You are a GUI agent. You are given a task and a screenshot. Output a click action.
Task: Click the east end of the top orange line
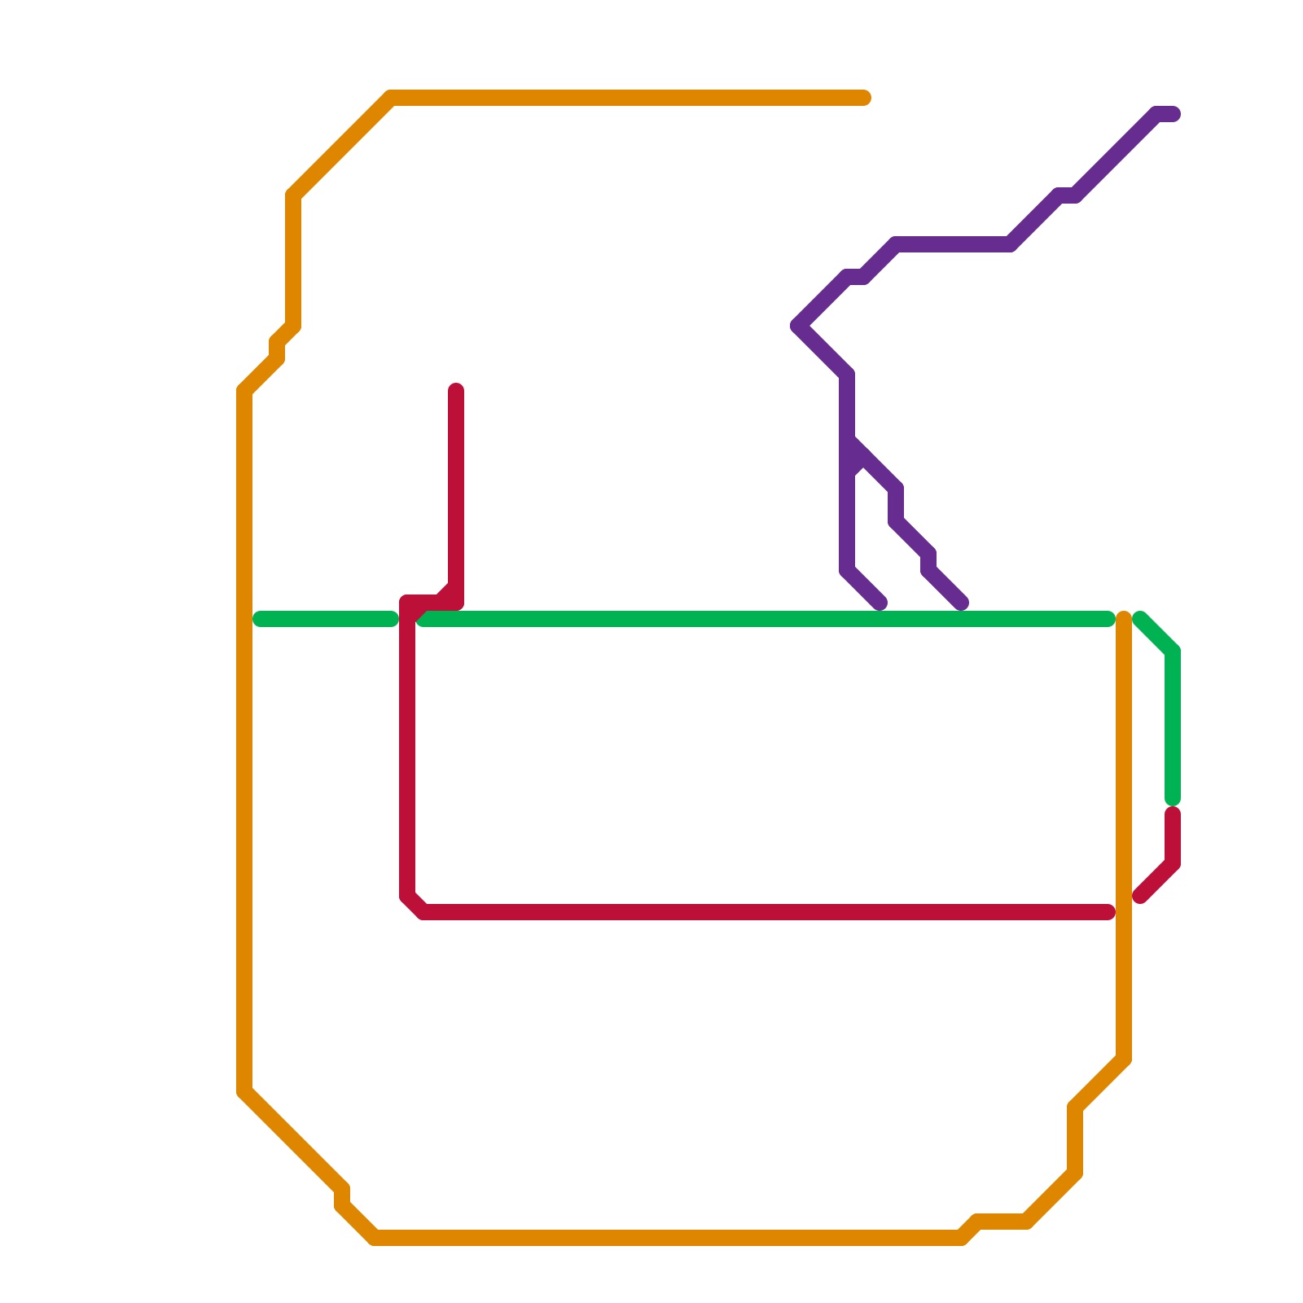pyautogui.click(x=865, y=98)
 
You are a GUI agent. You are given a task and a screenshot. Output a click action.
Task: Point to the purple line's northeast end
pyautogui.click(x=1174, y=114)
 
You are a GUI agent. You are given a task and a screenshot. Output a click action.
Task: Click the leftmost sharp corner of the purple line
pyautogui.click(x=797, y=326)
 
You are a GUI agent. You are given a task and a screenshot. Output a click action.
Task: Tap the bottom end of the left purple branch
pyautogui.click(x=880, y=603)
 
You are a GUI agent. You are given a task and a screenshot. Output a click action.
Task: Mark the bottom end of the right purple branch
pyautogui.click(x=962, y=603)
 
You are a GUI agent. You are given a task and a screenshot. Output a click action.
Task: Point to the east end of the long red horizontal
pyautogui.click(x=1108, y=912)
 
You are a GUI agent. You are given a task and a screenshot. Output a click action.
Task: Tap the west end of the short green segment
pyautogui.click(x=260, y=619)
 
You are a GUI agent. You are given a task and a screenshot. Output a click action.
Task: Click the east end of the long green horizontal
pyautogui.click(x=1108, y=619)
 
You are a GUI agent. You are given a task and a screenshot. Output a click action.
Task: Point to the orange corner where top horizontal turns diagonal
pyautogui.click(x=391, y=98)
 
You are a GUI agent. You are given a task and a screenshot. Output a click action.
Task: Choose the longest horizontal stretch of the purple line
pyautogui.click(x=953, y=244)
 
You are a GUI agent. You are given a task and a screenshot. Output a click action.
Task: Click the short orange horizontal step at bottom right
pyautogui.click(x=1002, y=1221)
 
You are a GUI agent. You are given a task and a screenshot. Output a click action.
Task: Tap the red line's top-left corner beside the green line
pyautogui.click(x=407, y=603)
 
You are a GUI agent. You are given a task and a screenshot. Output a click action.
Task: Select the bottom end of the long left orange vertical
pyautogui.click(x=244, y=1091)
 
